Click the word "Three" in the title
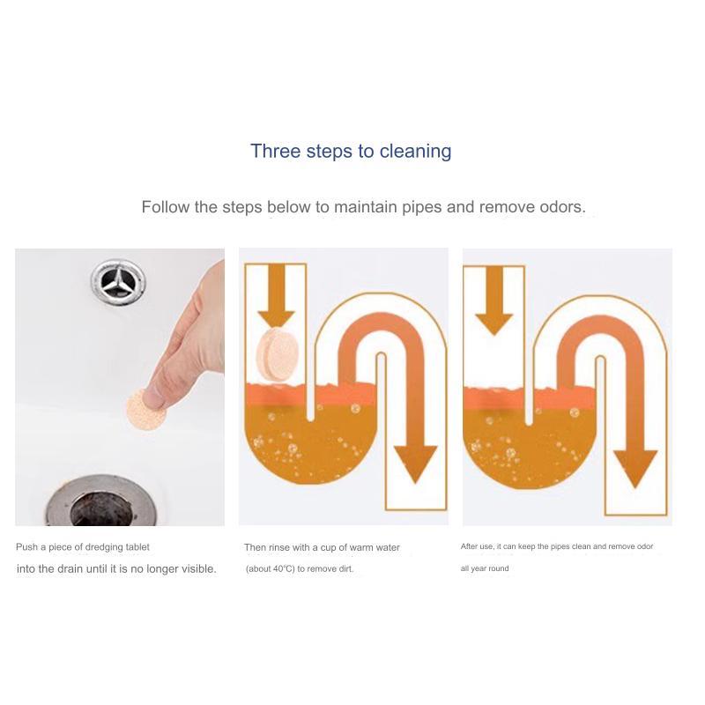pyautogui.click(x=276, y=151)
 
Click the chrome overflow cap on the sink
pyautogui.click(x=118, y=282)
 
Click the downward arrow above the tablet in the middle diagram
pyautogui.click(x=277, y=295)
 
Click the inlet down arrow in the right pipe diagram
pyautogui.click(x=494, y=300)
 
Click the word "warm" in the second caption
pyautogui.click(x=361, y=547)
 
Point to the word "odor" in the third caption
pyautogui.click(x=644, y=546)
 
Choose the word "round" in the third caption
pyautogui.click(x=499, y=568)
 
